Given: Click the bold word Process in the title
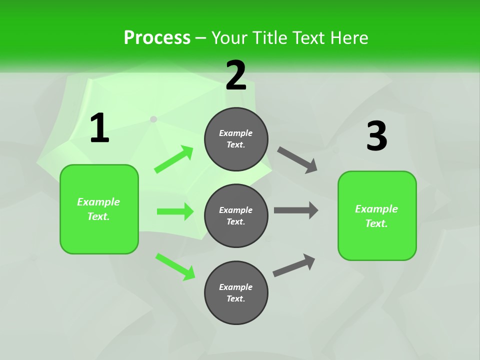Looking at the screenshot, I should [157, 38].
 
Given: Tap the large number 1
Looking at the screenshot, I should [99, 128].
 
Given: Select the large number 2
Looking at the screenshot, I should [236, 75].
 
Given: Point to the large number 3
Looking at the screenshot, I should [376, 136].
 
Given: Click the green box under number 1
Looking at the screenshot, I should [99, 209].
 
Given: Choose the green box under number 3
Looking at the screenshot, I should [377, 215].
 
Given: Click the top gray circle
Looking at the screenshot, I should [236, 139].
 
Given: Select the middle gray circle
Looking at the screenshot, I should [236, 215].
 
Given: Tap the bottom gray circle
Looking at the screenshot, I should [236, 292].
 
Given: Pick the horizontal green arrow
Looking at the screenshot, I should [175, 211].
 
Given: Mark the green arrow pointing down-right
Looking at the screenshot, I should [175, 266].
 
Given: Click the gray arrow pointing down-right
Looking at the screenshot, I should [297, 160].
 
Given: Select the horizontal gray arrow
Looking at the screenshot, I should [296, 210].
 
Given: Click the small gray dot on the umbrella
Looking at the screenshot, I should [153, 119].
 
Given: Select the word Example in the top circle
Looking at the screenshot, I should [236, 133].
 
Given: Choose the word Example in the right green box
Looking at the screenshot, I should [376, 209].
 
